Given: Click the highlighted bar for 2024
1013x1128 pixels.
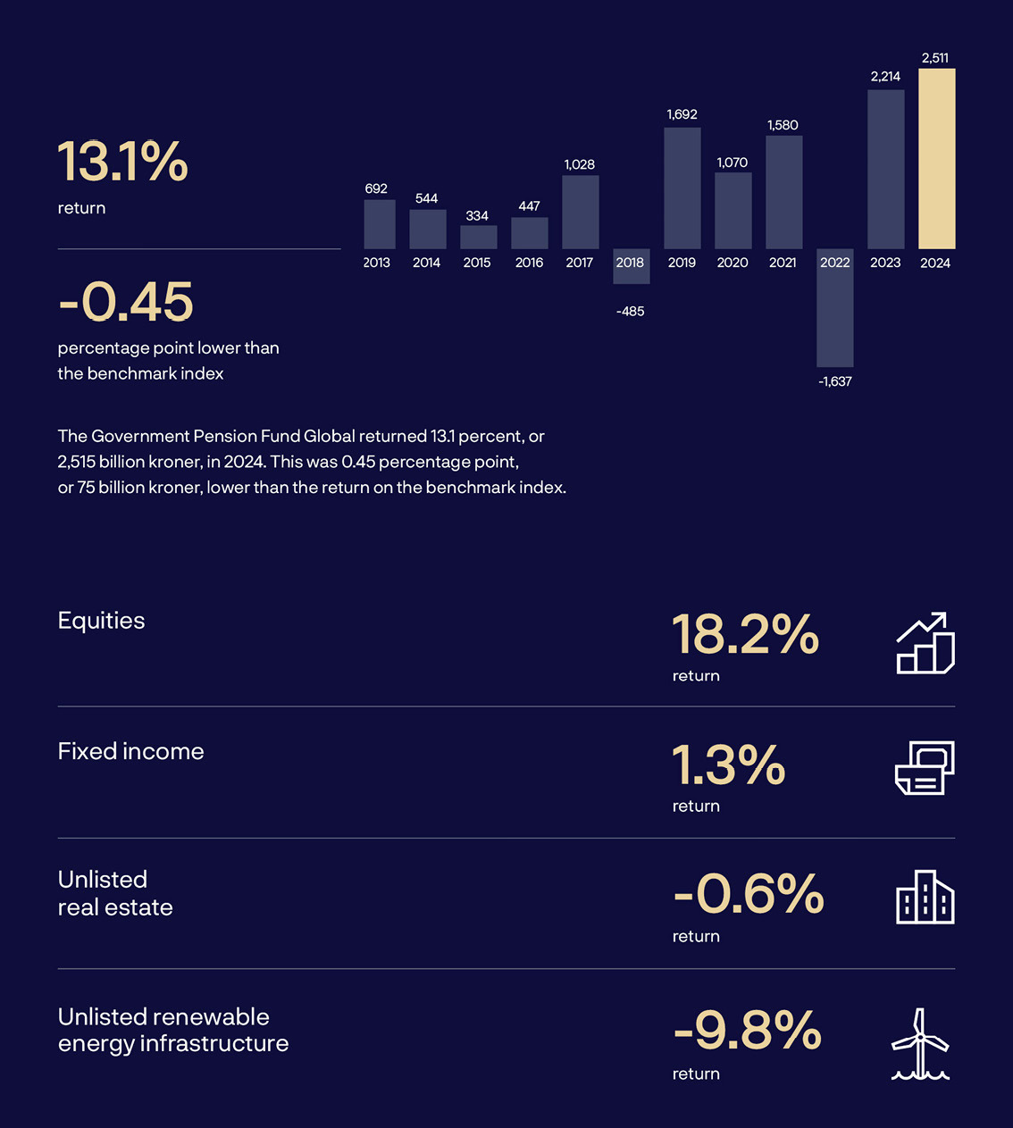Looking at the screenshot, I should point(936,159).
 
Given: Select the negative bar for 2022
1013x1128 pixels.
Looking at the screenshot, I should point(835,308).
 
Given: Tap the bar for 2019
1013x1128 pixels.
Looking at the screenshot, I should point(682,188).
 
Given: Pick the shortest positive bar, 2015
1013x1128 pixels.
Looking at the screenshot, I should point(478,237).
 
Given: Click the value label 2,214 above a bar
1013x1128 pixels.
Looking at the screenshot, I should point(885,77).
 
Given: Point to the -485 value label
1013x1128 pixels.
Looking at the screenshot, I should point(630,312).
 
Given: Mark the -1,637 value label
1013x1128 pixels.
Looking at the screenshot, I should point(835,381).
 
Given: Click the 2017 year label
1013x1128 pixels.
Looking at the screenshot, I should point(580,263).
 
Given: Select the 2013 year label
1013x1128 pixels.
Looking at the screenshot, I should point(377,263).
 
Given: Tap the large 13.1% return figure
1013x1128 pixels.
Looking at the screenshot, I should point(123,162).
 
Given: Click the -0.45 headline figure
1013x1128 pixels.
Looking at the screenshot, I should point(126,302).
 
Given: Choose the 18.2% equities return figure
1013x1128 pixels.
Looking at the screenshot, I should point(745,635).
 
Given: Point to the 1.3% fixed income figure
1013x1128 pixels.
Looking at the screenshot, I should point(728,765).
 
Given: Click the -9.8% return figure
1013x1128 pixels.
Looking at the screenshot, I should point(747,1030).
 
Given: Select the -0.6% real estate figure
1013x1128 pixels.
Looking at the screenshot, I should point(749,894).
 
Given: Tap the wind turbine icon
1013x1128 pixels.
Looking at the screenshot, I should point(920,1044).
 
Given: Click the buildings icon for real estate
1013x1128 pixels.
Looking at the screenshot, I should point(925,898).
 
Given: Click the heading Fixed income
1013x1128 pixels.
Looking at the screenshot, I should point(130,751).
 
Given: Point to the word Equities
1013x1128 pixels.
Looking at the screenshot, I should point(101,621).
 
